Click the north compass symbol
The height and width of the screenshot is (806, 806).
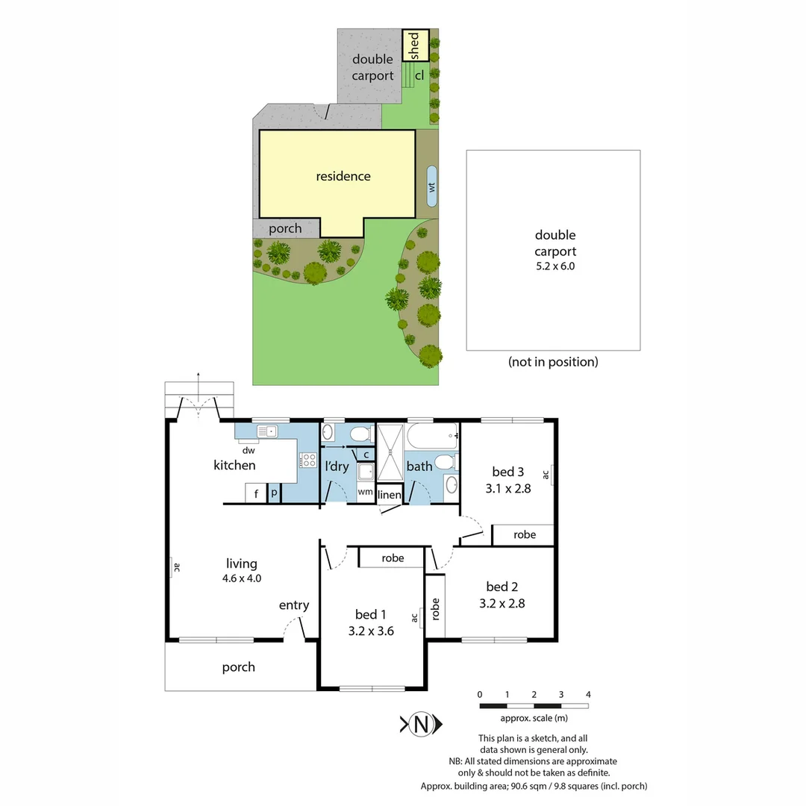(x=422, y=724)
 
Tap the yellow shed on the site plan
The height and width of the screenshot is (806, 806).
(x=416, y=46)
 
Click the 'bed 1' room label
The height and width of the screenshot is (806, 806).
(x=370, y=614)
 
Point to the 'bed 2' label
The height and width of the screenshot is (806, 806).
(x=502, y=587)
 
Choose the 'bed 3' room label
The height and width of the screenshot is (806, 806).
(x=507, y=472)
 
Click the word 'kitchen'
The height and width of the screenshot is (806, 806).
(x=234, y=465)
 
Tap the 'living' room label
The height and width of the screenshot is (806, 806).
(x=242, y=563)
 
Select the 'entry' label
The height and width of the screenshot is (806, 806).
(x=294, y=605)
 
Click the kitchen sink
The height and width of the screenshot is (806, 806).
(x=266, y=431)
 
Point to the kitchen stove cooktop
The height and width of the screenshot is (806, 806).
(x=307, y=460)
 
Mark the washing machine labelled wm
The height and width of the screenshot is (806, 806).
(x=366, y=492)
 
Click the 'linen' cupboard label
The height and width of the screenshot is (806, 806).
(x=390, y=495)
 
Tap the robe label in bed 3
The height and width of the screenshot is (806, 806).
(x=525, y=534)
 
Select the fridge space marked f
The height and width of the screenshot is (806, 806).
(x=256, y=493)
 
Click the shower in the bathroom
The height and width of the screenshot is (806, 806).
(x=390, y=453)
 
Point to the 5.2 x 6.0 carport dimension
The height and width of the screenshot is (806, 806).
(x=554, y=266)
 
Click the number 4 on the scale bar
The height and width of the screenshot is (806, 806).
(x=588, y=695)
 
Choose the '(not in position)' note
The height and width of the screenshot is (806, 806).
(x=553, y=362)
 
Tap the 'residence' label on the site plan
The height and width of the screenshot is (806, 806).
(x=343, y=176)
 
